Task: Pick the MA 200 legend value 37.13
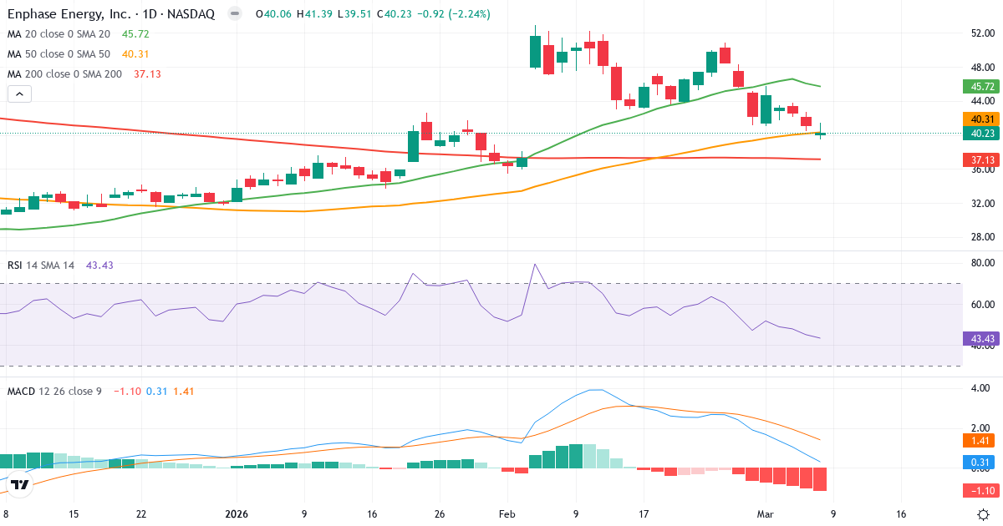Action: click(x=147, y=73)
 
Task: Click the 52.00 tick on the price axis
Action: click(x=982, y=33)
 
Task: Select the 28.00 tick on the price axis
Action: click(x=982, y=237)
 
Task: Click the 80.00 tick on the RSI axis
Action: click(x=982, y=263)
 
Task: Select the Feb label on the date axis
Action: click(x=508, y=513)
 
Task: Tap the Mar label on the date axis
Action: click(x=766, y=513)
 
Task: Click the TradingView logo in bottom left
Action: click(x=21, y=484)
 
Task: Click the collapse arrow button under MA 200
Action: click(x=19, y=94)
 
